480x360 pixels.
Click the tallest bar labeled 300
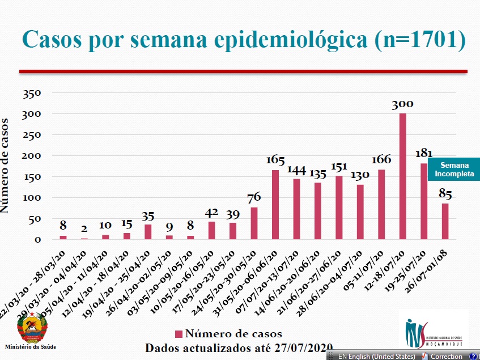point(402,176)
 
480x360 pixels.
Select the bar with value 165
point(275,204)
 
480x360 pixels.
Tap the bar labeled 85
point(445,221)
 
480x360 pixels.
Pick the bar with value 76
point(254,223)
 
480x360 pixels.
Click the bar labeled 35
point(148,231)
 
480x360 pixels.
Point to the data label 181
point(423,154)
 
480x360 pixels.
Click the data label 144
point(296,169)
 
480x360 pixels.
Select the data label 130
point(359,175)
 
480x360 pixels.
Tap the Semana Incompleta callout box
point(454,170)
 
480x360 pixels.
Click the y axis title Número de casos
point(6,166)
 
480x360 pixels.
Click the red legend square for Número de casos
point(178,334)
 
